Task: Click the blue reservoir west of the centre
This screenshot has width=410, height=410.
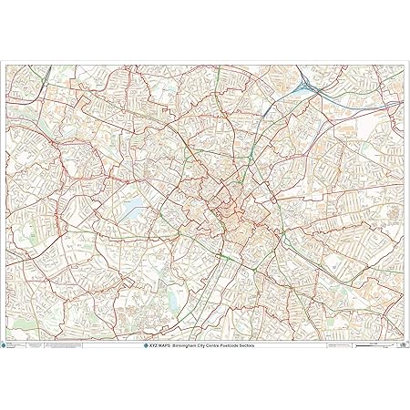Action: click(131, 210)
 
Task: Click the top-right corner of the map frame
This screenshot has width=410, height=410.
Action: click(406, 62)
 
